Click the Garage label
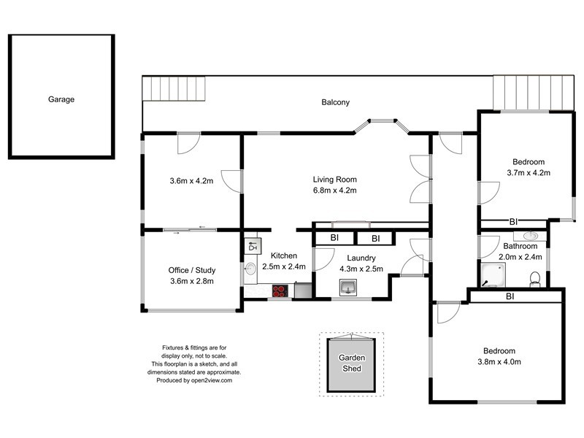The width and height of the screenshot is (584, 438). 61,99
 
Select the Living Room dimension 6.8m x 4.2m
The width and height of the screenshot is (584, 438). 334,191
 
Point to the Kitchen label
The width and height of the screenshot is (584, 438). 284,255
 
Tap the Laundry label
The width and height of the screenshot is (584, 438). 361,258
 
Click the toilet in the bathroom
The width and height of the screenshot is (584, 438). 536,278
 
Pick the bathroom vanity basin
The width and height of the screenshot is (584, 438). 530,236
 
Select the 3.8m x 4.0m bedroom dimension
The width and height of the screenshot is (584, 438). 499,361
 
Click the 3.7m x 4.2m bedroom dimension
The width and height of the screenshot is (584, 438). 527,173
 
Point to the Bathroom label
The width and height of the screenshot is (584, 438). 520,247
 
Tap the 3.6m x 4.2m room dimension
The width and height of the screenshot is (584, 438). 191,181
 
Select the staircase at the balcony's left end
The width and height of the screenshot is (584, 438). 175,89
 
